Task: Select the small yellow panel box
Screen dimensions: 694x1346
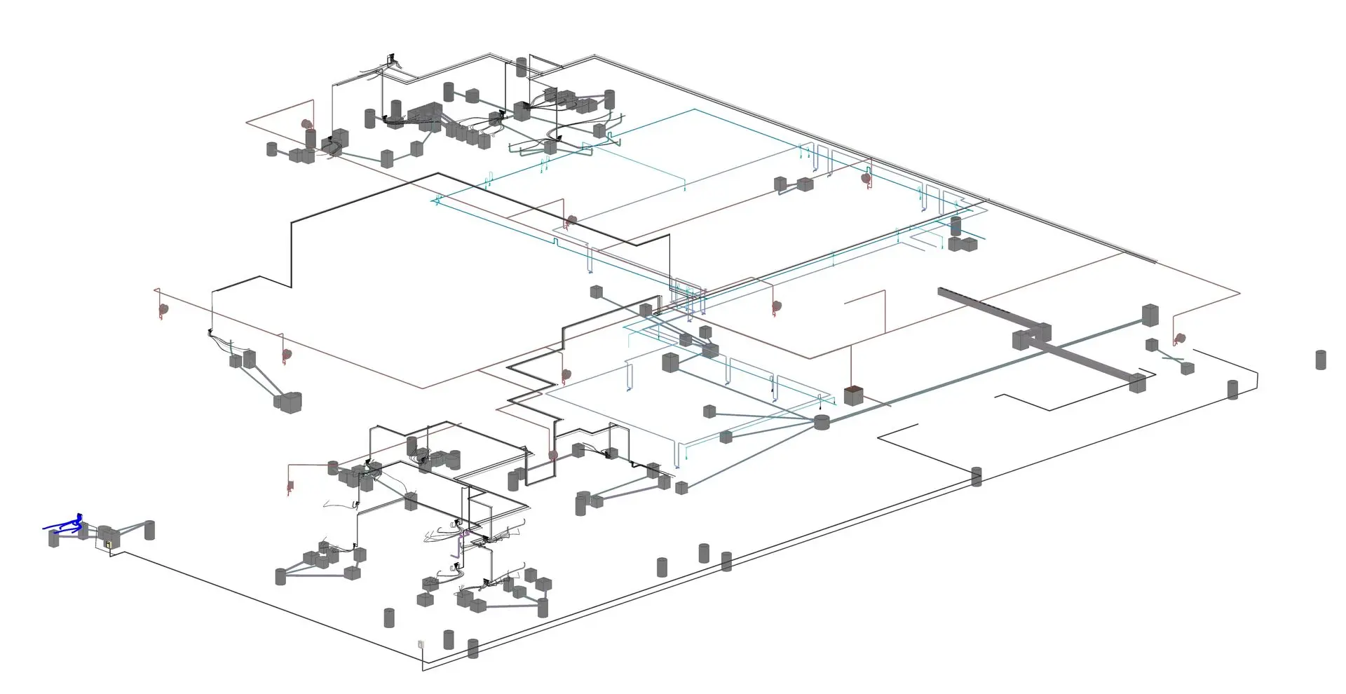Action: point(108,543)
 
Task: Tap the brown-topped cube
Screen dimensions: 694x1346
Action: point(852,395)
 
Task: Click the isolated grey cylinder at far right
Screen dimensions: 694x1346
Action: point(1321,360)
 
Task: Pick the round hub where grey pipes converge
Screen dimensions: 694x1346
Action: point(822,422)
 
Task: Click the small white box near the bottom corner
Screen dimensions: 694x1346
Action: point(420,644)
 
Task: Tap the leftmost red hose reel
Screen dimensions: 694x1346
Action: point(163,308)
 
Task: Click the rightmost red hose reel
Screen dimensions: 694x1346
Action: point(1180,339)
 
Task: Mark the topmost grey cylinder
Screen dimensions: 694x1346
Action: point(521,67)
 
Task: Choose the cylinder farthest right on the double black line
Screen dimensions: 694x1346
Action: point(1233,390)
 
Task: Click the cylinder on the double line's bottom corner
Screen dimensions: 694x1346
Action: point(473,648)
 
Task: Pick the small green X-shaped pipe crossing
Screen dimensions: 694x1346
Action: point(1173,359)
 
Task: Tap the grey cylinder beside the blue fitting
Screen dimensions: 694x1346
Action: point(54,538)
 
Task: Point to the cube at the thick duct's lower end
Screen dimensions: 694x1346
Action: point(1137,383)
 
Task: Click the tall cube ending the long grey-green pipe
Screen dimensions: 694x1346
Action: point(1150,315)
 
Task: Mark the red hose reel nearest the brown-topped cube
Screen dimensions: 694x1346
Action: point(777,306)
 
